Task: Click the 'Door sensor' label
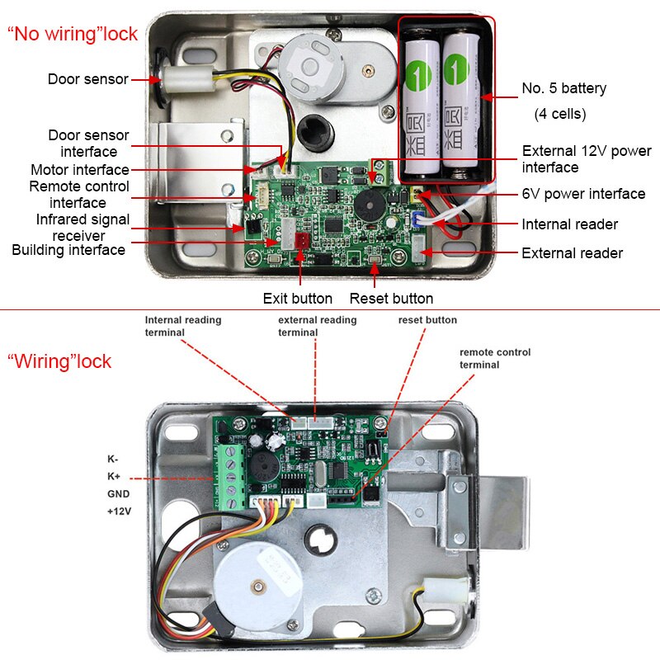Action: tap(87, 79)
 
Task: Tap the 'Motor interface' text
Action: tap(80, 170)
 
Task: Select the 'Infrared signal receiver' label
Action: tap(82, 227)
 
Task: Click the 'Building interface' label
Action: tap(68, 249)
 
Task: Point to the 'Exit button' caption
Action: tap(297, 299)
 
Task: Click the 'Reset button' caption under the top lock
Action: tap(391, 299)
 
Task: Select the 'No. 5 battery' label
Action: tap(563, 88)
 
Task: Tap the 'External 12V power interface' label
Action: tap(586, 159)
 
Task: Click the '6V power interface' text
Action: tap(583, 194)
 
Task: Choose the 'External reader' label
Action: tap(572, 253)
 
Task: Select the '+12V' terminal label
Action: tap(118, 511)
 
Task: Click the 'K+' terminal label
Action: tap(113, 476)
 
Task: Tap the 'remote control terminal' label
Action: tap(495, 358)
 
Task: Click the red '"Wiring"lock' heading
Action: tap(59, 362)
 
